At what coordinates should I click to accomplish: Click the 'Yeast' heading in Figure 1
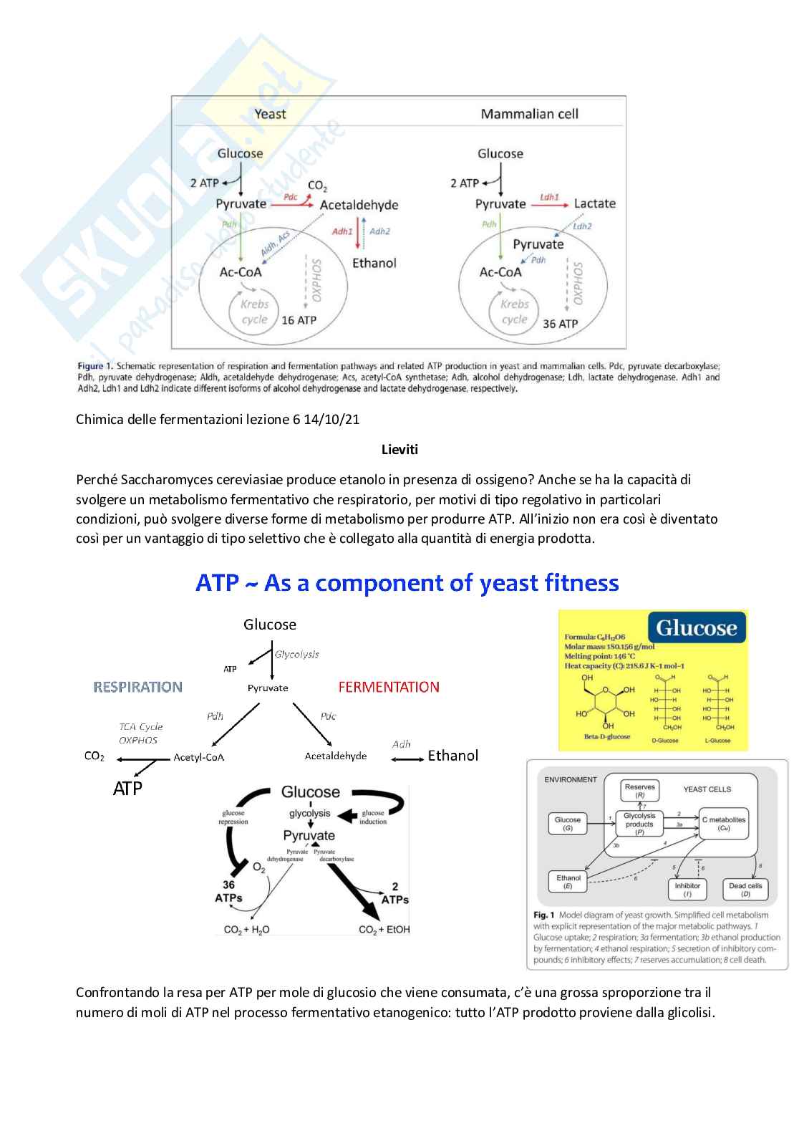pos(270,114)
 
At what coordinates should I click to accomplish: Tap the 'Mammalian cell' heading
pos(529,114)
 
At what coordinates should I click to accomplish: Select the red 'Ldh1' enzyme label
pos(549,196)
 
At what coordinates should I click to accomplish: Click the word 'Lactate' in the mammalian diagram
pos(594,204)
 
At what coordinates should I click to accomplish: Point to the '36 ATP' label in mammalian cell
pos(560,324)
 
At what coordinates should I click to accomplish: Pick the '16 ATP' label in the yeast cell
pos(299,320)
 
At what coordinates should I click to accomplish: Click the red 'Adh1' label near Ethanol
pos(342,231)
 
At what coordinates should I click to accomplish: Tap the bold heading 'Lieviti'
pos(399,450)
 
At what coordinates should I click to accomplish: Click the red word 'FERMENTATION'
pos(389,688)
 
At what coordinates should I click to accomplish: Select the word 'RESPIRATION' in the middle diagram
pos(137,688)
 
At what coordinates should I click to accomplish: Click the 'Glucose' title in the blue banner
pos(696,628)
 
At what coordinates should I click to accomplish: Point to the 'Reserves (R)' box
pos(639,791)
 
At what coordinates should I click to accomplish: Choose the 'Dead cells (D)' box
pos(745,890)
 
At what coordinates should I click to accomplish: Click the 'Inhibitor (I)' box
pos(687,890)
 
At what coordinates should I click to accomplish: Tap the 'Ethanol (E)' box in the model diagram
pos(568,882)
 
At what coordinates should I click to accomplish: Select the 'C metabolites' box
pos(723,824)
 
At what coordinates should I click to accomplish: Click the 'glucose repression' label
pos(233,817)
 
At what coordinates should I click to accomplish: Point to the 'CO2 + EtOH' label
pos(384,930)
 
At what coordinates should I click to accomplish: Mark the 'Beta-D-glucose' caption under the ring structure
pos(607,737)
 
